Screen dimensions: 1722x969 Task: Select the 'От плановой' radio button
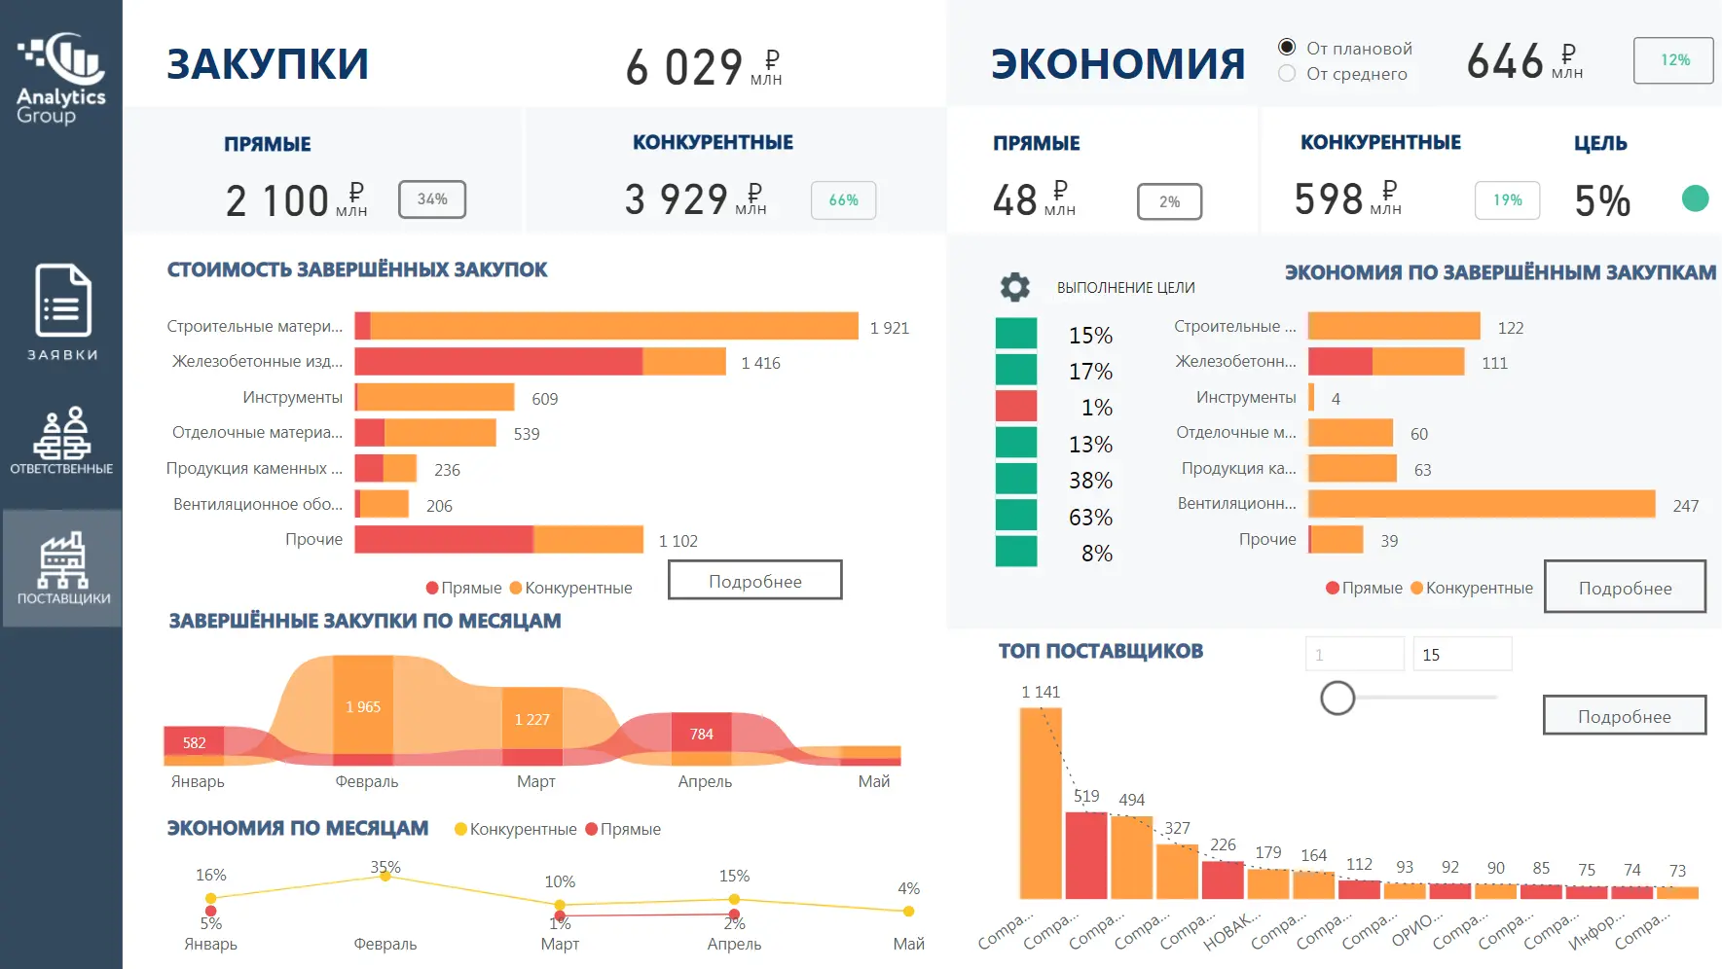(1287, 47)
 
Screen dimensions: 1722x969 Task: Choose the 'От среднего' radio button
(1287, 73)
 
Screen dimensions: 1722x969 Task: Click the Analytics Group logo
(61, 79)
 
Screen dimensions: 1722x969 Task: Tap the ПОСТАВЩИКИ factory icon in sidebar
(62, 559)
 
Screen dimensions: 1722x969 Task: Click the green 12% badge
(1673, 60)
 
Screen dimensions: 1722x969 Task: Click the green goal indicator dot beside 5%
(1695, 198)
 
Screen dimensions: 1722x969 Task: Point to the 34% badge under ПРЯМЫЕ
(432, 199)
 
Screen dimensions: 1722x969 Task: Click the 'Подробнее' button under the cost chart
(755, 581)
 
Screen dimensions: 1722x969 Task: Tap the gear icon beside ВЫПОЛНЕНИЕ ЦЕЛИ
(1015, 287)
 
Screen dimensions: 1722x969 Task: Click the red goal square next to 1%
(1016, 406)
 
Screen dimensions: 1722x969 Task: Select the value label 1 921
(890, 328)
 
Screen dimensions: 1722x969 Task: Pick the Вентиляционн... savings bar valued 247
(1482, 504)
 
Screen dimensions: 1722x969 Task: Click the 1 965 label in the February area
(363, 707)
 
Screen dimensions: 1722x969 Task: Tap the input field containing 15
(1462, 654)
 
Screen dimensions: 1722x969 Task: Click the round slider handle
(1337, 698)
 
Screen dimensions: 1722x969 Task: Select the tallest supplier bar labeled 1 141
(1041, 803)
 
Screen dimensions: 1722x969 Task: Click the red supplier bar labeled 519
(1086, 855)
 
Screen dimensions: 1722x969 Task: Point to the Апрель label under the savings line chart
(734, 944)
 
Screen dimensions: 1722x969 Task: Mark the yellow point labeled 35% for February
(385, 877)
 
